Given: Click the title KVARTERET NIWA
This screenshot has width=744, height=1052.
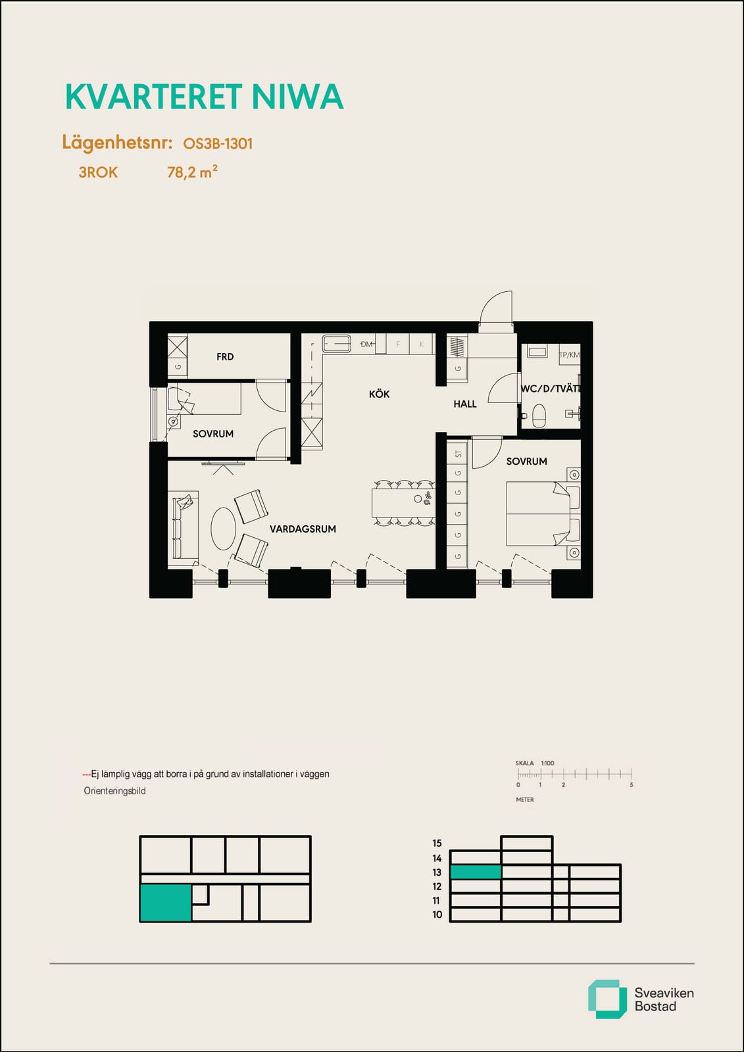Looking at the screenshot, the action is click(x=205, y=97).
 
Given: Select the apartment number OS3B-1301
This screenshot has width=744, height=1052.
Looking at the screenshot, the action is click(x=218, y=144).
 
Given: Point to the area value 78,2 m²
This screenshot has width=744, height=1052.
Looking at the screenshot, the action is click(x=192, y=172).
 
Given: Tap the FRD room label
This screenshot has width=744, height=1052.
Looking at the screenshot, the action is click(x=225, y=357).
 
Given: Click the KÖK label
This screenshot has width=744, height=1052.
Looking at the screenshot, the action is click(x=380, y=394).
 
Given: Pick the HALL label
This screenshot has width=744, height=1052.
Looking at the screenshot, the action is click(x=465, y=404).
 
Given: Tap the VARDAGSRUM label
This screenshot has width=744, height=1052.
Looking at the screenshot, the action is click(x=303, y=529).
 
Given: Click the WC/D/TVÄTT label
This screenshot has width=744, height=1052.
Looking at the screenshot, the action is click(x=551, y=389).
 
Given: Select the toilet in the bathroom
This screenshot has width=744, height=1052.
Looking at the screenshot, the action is click(x=539, y=415).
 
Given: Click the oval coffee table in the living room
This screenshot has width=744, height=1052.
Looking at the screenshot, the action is click(x=223, y=529).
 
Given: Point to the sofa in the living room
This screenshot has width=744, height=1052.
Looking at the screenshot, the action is click(x=184, y=529).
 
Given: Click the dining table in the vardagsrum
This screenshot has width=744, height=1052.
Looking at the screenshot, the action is click(x=403, y=503).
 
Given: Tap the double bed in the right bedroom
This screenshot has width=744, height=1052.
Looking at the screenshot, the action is click(x=543, y=514).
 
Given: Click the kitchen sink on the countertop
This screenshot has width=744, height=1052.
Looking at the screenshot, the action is click(x=337, y=344).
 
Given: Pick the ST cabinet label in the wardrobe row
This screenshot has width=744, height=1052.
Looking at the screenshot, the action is click(x=459, y=454).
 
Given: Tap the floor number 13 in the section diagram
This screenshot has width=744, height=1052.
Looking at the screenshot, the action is click(x=437, y=873).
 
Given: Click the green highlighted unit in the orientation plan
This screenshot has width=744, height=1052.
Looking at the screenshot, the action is click(x=165, y=903).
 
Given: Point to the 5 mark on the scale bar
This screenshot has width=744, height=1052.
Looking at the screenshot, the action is click(x=632, y=785).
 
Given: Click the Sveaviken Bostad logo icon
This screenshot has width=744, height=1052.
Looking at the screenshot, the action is click(x=607, y=999).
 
